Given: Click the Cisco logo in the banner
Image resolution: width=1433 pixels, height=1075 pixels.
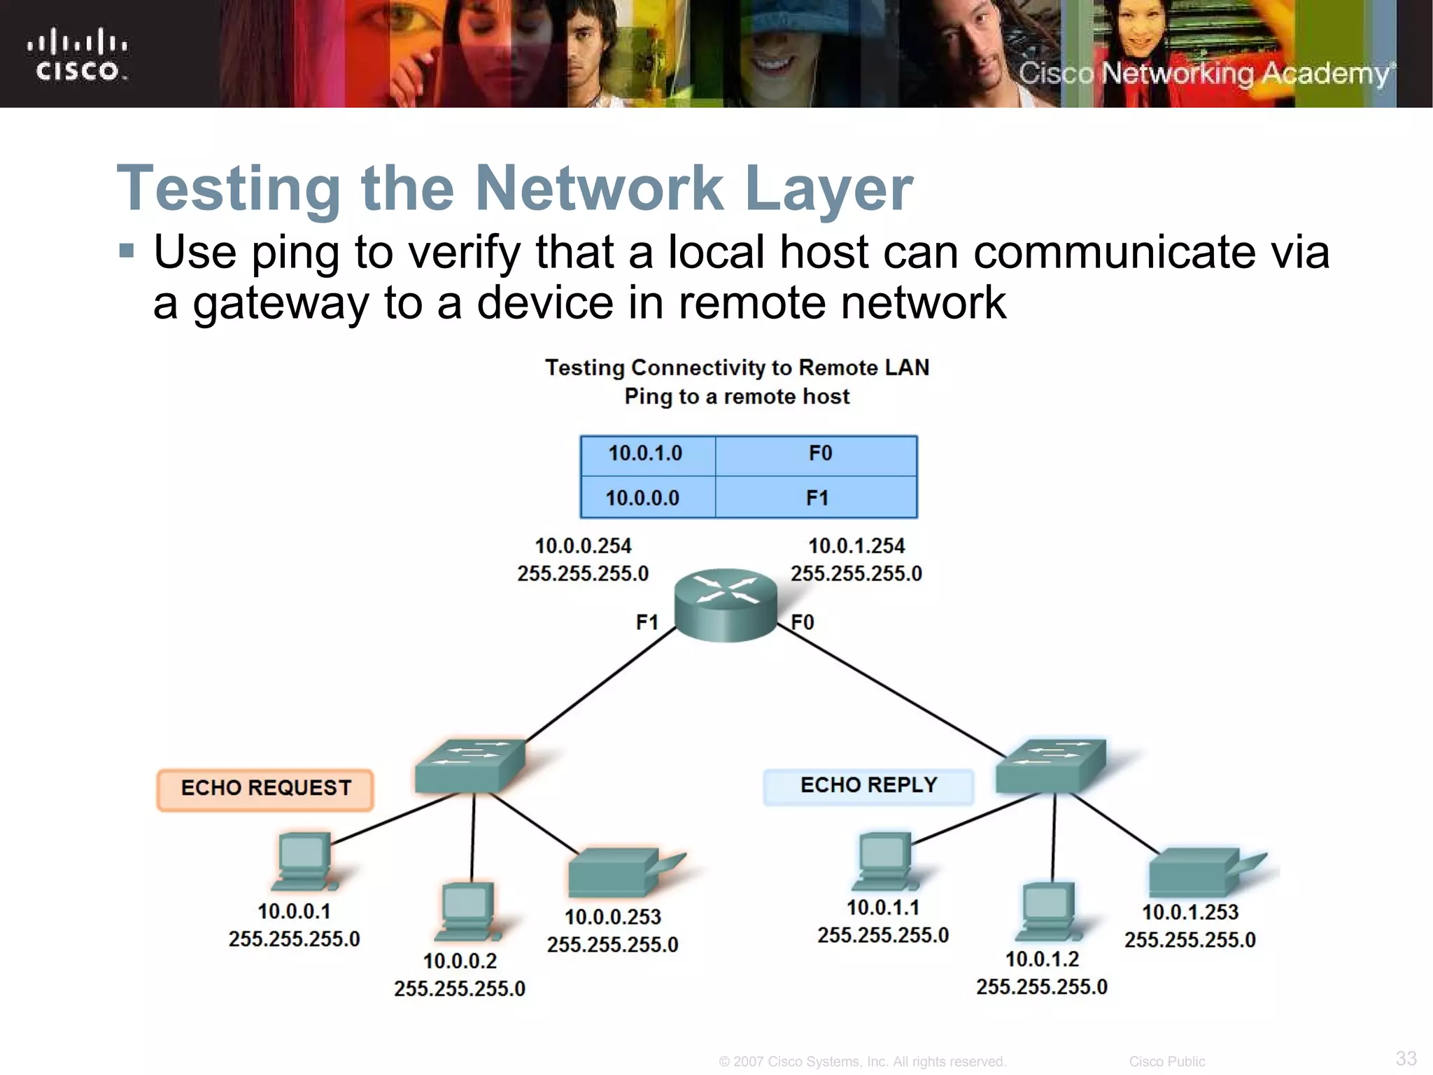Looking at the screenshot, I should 78,55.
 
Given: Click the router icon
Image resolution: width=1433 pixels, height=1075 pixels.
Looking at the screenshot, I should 726,605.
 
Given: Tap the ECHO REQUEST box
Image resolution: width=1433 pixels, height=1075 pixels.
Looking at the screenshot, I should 265,789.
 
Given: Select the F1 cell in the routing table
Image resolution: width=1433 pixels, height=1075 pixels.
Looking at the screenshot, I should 817,498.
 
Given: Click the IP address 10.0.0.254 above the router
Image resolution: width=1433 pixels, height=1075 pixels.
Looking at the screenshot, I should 583,547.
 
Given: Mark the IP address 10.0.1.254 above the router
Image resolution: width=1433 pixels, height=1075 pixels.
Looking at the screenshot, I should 856,547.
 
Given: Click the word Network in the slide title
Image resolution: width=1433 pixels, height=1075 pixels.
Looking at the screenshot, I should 599,188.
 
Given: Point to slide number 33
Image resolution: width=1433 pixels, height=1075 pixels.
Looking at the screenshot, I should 1406,1058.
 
